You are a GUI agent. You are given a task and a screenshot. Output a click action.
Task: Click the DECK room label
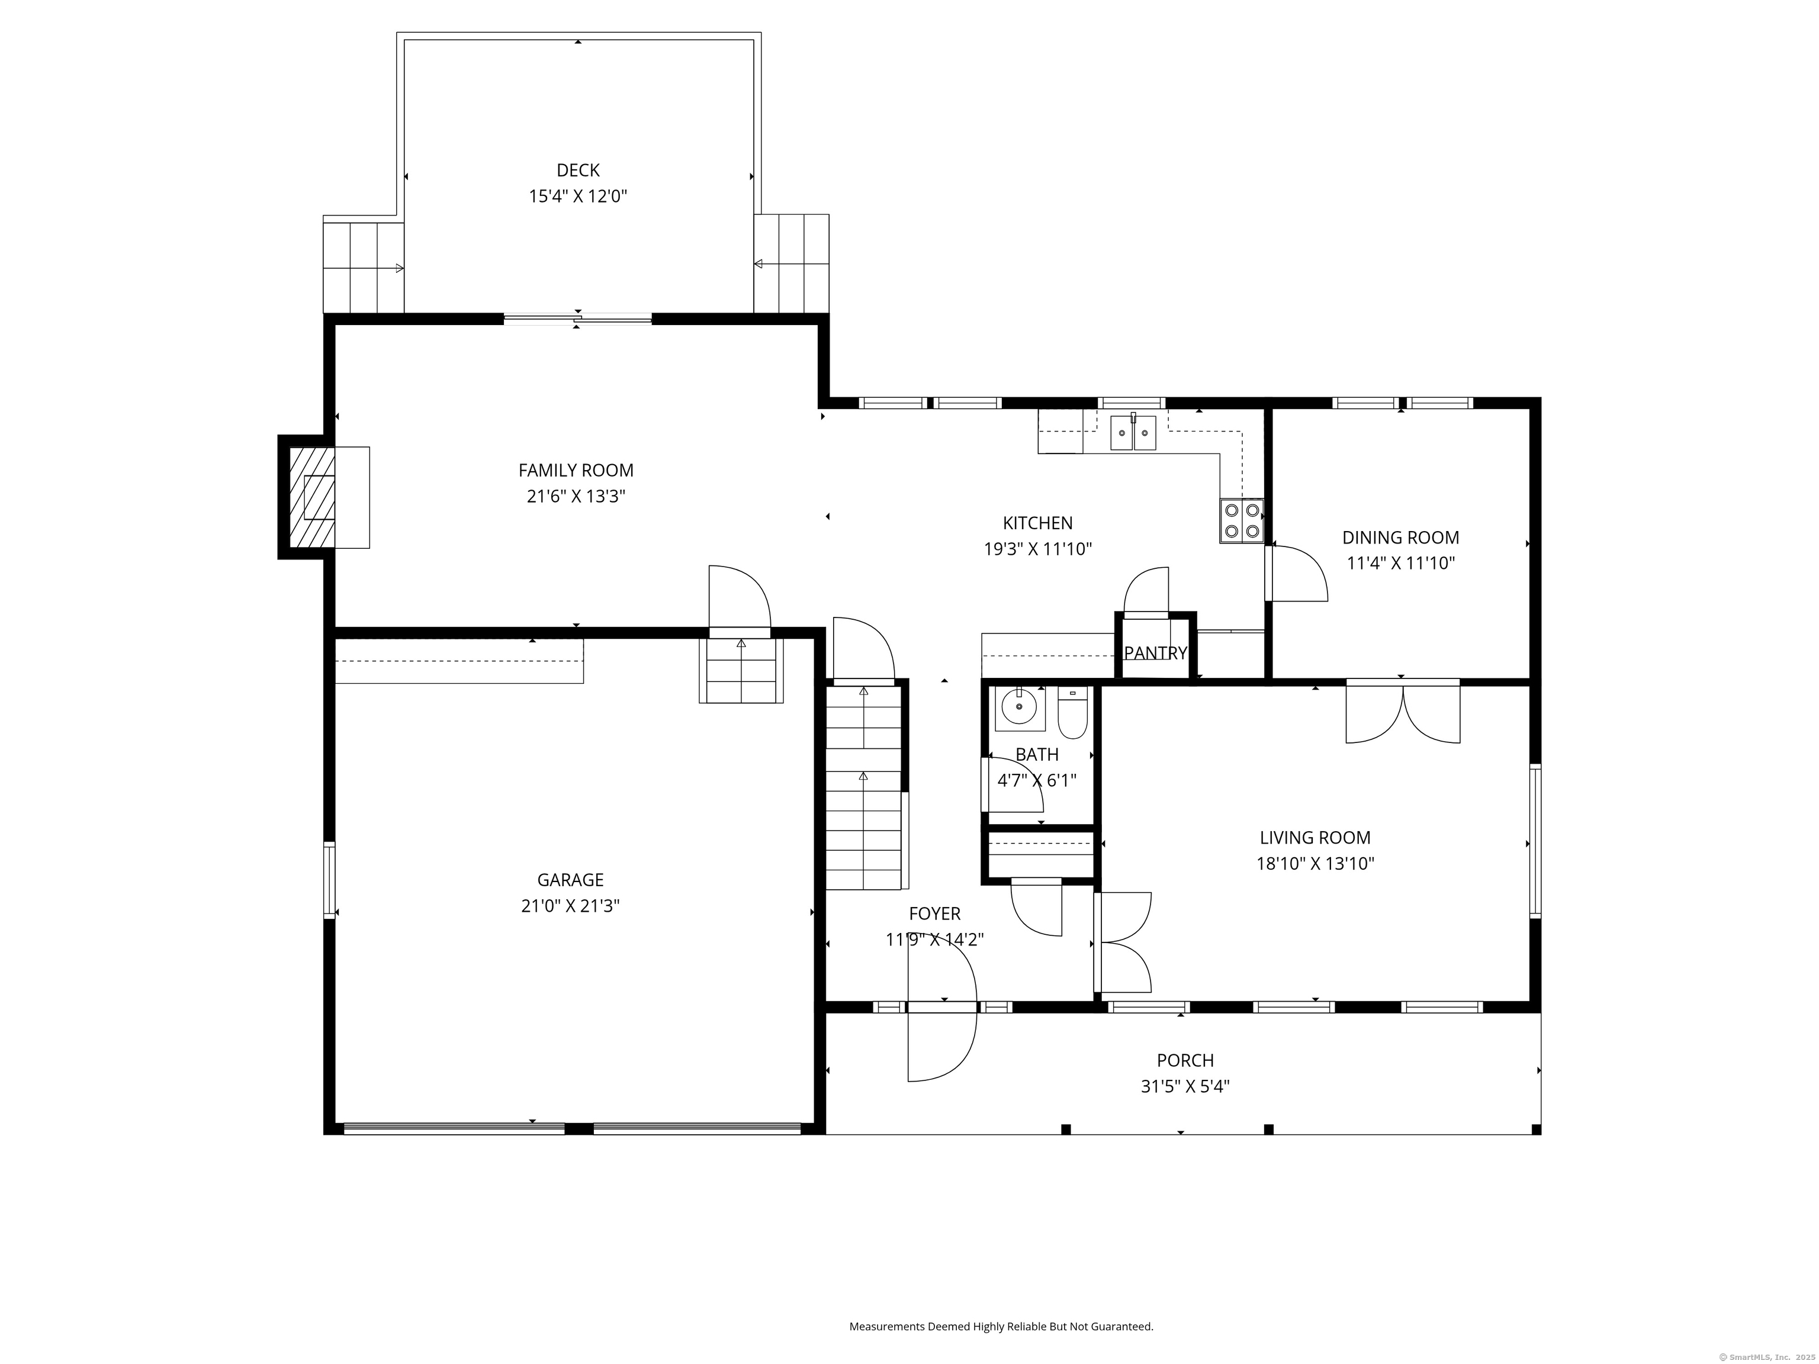click(x=578, y=170)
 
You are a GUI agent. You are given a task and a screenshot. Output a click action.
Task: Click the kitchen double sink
click(x=1133, y=433)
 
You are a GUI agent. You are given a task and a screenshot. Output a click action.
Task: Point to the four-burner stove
click(x=1241, y=520)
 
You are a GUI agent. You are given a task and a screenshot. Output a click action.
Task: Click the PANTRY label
click(x=1155, y=653)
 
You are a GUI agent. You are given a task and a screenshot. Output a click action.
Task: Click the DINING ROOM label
click(x=1400, y=538)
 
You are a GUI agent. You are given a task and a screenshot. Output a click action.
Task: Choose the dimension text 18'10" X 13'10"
click(x=1315, y=863)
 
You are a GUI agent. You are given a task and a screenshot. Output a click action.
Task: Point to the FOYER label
click(x=934, y=913)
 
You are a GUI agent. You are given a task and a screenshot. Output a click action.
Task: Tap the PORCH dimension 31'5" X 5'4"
click(x=1185, y=1086)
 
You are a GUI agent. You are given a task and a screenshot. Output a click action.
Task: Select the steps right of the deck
click(x=791, y=263)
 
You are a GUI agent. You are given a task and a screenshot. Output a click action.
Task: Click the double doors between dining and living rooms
click(x=1402, y=711)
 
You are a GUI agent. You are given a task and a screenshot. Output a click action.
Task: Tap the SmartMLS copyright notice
click(x=1766, y=1357)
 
